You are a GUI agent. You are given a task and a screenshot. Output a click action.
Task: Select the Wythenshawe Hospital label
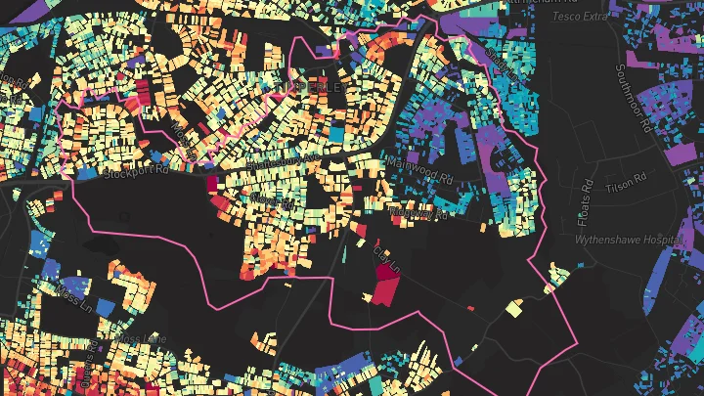pos(626,239)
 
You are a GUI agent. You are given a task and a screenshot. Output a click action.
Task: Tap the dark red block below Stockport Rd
pos(212,182)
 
